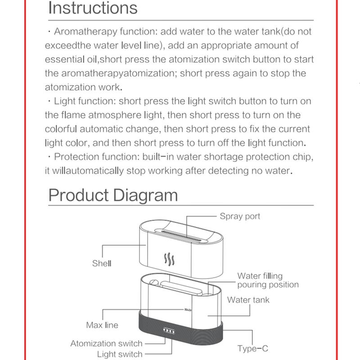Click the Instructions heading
[93, 8]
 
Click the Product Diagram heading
[113, 195]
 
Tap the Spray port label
[240, 216]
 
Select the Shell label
[101, 264]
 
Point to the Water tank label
[248, 300]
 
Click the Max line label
[102, 325]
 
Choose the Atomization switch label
[106, 344]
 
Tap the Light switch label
[119, 355]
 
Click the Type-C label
[253, 348]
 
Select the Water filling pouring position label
[267, 280]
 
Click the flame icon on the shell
[169, 260]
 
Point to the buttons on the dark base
[171, 332]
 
